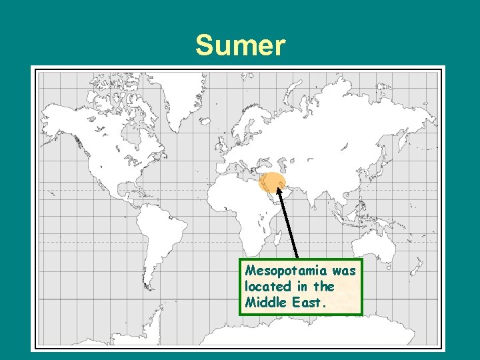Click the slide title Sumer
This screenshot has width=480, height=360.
pos(240,47)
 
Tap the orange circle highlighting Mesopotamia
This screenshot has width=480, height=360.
pos(272,181)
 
